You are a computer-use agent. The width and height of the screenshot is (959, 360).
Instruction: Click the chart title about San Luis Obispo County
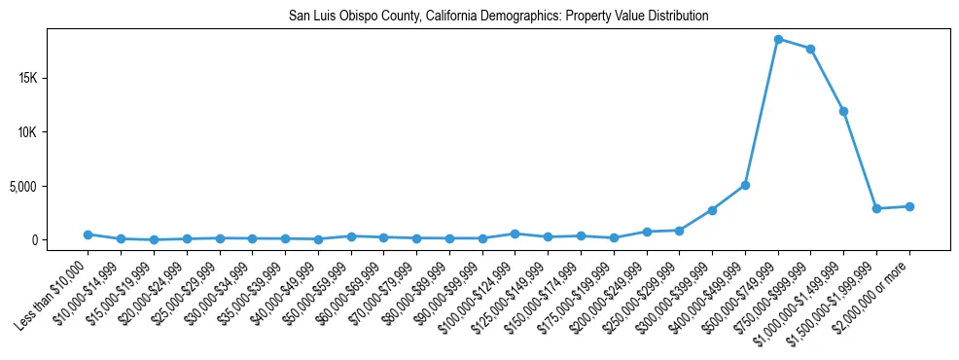tap(499, 17)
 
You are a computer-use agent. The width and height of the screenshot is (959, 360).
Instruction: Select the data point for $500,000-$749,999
tap(778, 39)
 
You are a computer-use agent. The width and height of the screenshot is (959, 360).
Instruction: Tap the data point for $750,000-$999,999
tap(810, 49)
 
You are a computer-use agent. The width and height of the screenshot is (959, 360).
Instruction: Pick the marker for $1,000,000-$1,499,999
tap(843, 111)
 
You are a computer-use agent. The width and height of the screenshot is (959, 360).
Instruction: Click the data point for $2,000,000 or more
tap(909, 206)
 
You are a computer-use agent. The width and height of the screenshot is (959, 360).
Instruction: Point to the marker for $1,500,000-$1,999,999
tap(876, 208)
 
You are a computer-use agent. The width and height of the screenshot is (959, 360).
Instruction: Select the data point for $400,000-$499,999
tap(745, 185)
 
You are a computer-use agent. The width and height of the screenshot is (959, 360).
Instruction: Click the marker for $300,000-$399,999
tap(712, 210)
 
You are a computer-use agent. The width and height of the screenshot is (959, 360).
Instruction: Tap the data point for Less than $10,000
tap(88, 234)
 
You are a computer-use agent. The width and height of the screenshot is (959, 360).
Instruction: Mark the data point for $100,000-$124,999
tap(515, 234)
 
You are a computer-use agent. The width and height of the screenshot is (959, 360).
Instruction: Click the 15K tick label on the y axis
tap(53, 78)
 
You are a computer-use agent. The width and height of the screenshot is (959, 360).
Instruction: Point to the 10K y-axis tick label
tap(53, 132)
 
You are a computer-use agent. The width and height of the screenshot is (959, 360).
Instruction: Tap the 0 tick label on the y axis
tap(60, 240)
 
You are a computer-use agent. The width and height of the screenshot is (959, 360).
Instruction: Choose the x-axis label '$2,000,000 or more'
tap(875, 290)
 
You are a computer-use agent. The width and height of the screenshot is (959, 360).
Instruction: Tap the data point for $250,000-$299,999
tap(679, 231)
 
